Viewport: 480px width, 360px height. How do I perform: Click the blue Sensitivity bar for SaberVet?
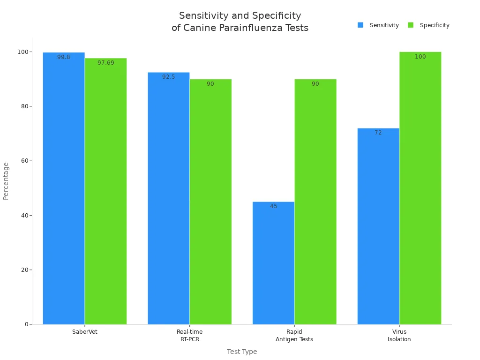(64, 187)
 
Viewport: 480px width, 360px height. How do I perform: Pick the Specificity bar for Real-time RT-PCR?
(210, 202)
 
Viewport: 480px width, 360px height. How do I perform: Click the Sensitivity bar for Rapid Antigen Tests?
(273, 262)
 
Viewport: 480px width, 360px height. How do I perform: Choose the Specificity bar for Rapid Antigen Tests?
(315, 202)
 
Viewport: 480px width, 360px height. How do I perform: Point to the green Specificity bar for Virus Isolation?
(420, 187)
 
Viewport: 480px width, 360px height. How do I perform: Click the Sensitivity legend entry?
(378, 25)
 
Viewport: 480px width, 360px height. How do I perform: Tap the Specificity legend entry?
(429, 25)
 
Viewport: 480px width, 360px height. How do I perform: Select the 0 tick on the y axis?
(26, 324)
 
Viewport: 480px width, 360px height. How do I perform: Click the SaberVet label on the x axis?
(85, 332)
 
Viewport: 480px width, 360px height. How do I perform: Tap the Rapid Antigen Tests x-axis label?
(294, 336)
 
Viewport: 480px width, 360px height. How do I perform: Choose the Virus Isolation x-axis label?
(399, 336)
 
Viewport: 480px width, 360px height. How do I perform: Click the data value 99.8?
(64, 57)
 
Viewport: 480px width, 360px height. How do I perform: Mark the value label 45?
(273, 206)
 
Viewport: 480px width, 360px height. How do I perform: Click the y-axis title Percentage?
(6, 181)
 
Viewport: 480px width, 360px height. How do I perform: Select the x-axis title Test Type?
(242, 352)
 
